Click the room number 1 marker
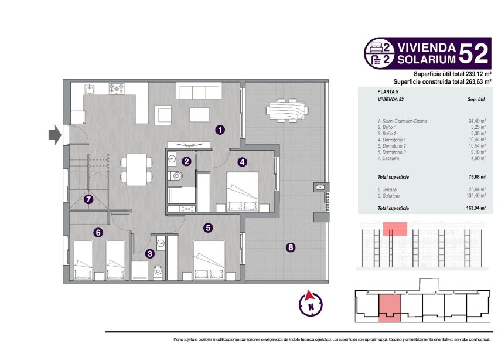click(x=219, y=130)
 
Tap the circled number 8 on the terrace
click(x=291, y=247)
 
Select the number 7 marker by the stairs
click(x=88, y=199)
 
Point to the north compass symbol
click(x=311, y=303)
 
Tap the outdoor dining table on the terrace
click(x=286, y=110)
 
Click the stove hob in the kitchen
click(x=117, y=89)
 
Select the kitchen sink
click(x=90, y=89)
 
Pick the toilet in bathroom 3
click(x=157, y=271)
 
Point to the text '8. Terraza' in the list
click(x=388, y=189)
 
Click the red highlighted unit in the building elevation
click(x=395, y=229)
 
